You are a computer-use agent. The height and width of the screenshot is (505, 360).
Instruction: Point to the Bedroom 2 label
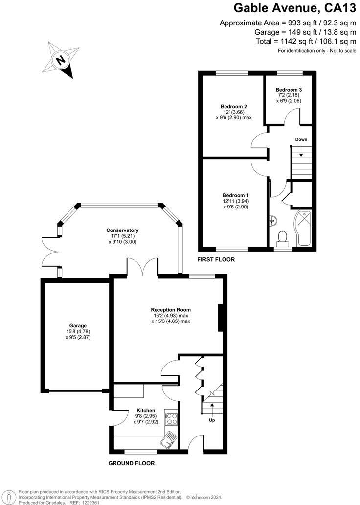pos(234,107)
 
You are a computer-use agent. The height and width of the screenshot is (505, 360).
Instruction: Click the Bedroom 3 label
pos(289,90)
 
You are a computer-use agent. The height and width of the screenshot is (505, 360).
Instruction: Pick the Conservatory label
pos(123,230)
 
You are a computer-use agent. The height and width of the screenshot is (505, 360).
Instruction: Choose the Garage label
pos(78,325)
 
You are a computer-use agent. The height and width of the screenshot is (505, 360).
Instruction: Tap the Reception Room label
pos(171,310)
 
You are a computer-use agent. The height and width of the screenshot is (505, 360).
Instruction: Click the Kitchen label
pos(146,410)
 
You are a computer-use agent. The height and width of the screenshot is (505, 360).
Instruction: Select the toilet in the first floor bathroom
pos(282,238)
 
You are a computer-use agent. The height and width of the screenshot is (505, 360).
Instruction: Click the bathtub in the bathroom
pos(304,227)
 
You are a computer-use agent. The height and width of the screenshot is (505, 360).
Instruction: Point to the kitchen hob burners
pos(172,418)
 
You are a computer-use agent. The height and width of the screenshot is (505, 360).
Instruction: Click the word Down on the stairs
pos(301,140)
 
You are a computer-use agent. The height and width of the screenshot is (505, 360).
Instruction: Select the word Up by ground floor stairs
pos(212,420)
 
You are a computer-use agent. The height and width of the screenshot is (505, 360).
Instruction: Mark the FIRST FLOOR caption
pos(216,260)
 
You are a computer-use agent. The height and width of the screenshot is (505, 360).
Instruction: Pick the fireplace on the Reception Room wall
pos(221,319)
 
